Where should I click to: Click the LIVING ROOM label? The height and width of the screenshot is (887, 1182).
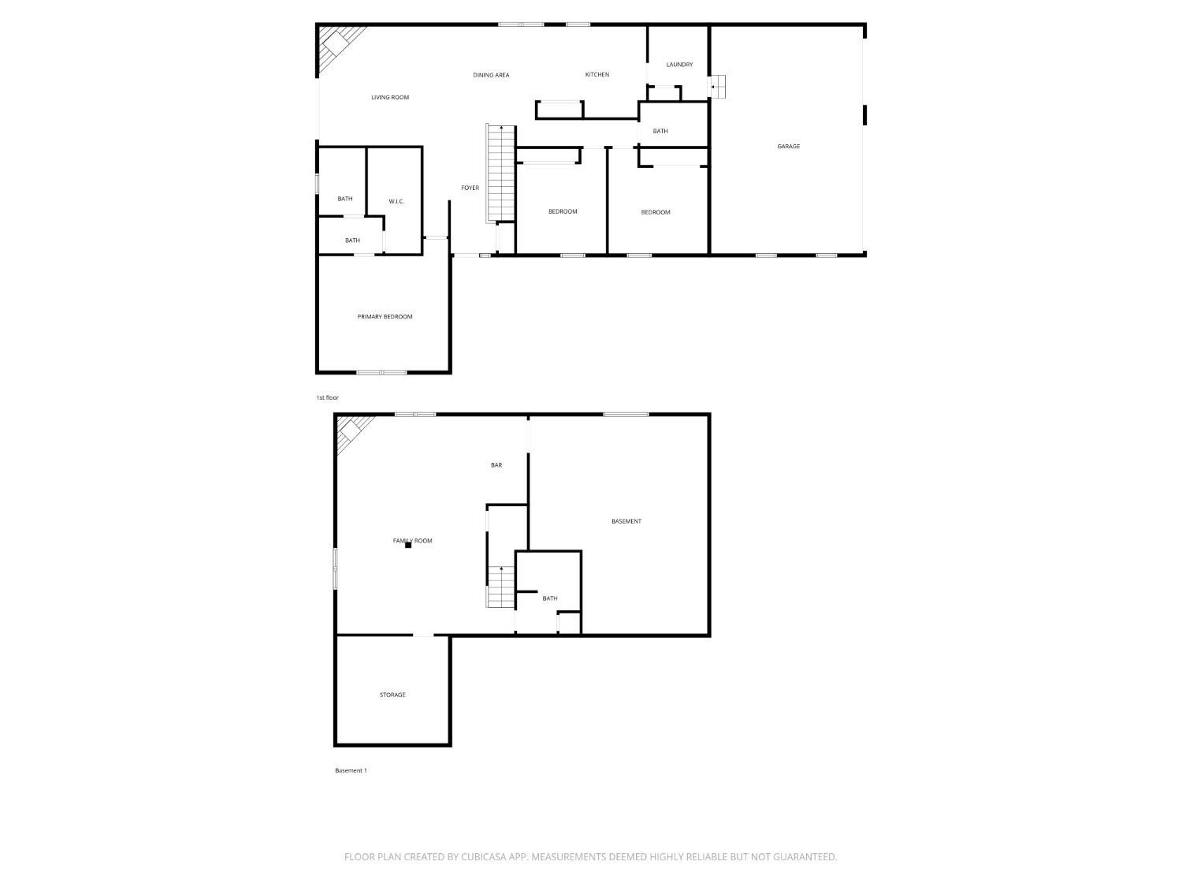pos(390,98)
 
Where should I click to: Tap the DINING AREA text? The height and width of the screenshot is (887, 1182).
pos(491,76)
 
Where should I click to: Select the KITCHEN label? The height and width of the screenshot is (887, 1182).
pos(597,75)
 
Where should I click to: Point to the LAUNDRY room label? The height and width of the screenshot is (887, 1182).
pos(679,65)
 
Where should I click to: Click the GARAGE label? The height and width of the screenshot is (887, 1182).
pos(788,147)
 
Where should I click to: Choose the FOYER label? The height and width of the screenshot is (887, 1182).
pos(470,188)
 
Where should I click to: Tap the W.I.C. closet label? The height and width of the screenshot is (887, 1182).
pos(396,201)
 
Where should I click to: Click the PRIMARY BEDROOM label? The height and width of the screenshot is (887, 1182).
pos(385,317)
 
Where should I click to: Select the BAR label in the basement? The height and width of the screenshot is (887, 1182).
pos(496,464)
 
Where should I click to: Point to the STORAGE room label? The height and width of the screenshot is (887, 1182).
pos(392,695)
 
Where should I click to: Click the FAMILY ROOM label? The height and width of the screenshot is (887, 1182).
pos(412,541)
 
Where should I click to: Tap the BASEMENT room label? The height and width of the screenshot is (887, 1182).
pos(626,521)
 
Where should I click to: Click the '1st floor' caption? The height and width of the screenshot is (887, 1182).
pos(327,397)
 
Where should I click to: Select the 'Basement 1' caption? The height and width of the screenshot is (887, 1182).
pos(351,770)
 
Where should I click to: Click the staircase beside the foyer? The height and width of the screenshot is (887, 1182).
pos(501,173)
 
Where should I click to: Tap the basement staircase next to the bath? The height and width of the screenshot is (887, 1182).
pos(501,587)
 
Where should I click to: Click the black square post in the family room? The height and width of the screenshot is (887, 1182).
pos(408,545)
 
